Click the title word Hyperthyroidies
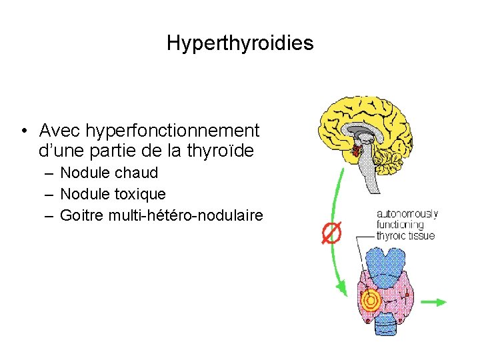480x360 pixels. (x=240, y=44)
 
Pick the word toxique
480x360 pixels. (x=140, y=194)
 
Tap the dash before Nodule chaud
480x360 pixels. (x=50, y=173)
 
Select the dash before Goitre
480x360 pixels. (x=50, y=215)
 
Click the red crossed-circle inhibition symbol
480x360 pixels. (x=330, y=233)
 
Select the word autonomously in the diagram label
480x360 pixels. (x=407, y=214)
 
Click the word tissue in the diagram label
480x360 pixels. (x=423, y=235)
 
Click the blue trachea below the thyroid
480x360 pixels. (x=385, y=325)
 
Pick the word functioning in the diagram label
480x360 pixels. (x=400, y=225)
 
